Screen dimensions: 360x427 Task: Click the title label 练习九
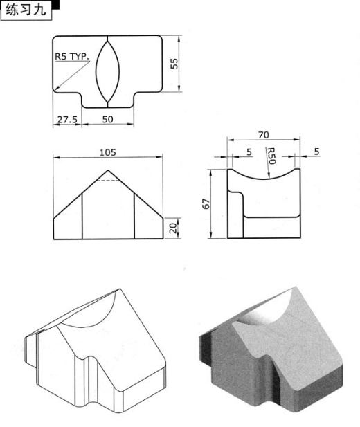[26, 10]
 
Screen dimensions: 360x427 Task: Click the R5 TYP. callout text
[72, 57]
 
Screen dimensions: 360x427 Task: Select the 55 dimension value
[174, 64]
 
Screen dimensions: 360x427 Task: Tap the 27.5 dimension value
[67, 119]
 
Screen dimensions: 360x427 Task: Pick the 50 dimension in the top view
[107, 119]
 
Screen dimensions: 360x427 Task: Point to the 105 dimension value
[107, 152]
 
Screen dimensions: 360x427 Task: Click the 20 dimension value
[173, 228]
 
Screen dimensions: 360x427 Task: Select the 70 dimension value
[263, 135]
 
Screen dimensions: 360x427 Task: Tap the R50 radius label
[271, 156]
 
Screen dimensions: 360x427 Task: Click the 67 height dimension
[206, 203]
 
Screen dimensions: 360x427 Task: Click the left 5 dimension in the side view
[249, 152]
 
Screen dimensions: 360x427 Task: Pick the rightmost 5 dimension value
[316, 152]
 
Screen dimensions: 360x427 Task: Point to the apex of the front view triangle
[108, 170]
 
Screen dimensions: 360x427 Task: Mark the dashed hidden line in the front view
[108, 180]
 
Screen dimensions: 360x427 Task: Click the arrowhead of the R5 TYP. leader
[56, 88]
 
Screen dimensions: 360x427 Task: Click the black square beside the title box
[55, 5]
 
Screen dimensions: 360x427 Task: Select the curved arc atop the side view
[264, 178]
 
